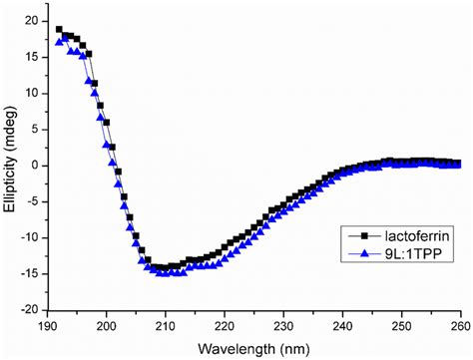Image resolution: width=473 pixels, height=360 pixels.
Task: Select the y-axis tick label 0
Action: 35,166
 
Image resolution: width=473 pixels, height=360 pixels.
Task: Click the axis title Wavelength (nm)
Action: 252,346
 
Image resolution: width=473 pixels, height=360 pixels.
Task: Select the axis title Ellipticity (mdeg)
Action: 10,165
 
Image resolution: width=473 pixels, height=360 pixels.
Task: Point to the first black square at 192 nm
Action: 59,30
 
